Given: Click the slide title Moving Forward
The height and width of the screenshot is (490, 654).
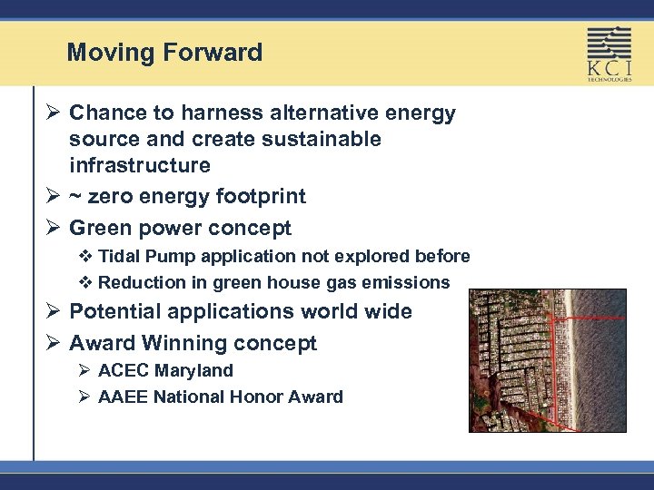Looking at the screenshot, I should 164,53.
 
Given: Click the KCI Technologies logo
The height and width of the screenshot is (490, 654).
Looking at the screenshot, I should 609,54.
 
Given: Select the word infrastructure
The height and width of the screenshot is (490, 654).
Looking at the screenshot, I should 140,166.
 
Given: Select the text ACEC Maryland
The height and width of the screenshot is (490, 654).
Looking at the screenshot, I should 165,371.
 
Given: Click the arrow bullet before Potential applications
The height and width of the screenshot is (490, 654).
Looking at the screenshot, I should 52,312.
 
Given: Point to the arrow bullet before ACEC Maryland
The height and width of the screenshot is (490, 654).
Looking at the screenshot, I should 83,371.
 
